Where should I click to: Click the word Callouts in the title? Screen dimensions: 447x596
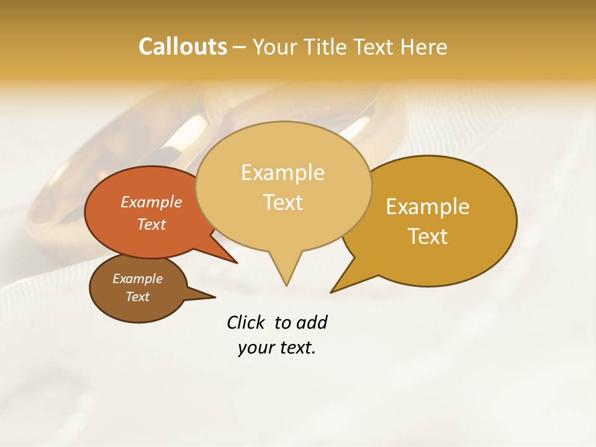(x=183, y=47)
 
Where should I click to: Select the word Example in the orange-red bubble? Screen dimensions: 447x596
(x=151, y=202)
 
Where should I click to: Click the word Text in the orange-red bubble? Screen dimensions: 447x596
(x=151, y=224)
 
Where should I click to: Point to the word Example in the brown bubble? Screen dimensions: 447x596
(x=137, y=279)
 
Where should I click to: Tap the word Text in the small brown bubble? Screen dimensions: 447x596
(x=137, y=297)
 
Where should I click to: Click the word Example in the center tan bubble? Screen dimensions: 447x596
(x=282, y=173)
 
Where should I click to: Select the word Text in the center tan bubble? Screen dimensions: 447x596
(x=282, y=202)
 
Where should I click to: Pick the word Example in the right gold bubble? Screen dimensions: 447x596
(x=428, y=207)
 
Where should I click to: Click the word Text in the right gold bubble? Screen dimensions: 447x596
(x=428, y=237)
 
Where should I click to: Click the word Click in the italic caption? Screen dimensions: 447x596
(x=245, y=323)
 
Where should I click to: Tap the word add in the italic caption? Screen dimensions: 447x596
(x=312, y=323)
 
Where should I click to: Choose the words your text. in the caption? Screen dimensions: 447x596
(x=276, y=348)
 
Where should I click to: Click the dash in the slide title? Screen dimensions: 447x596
(x=240, y=47)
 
